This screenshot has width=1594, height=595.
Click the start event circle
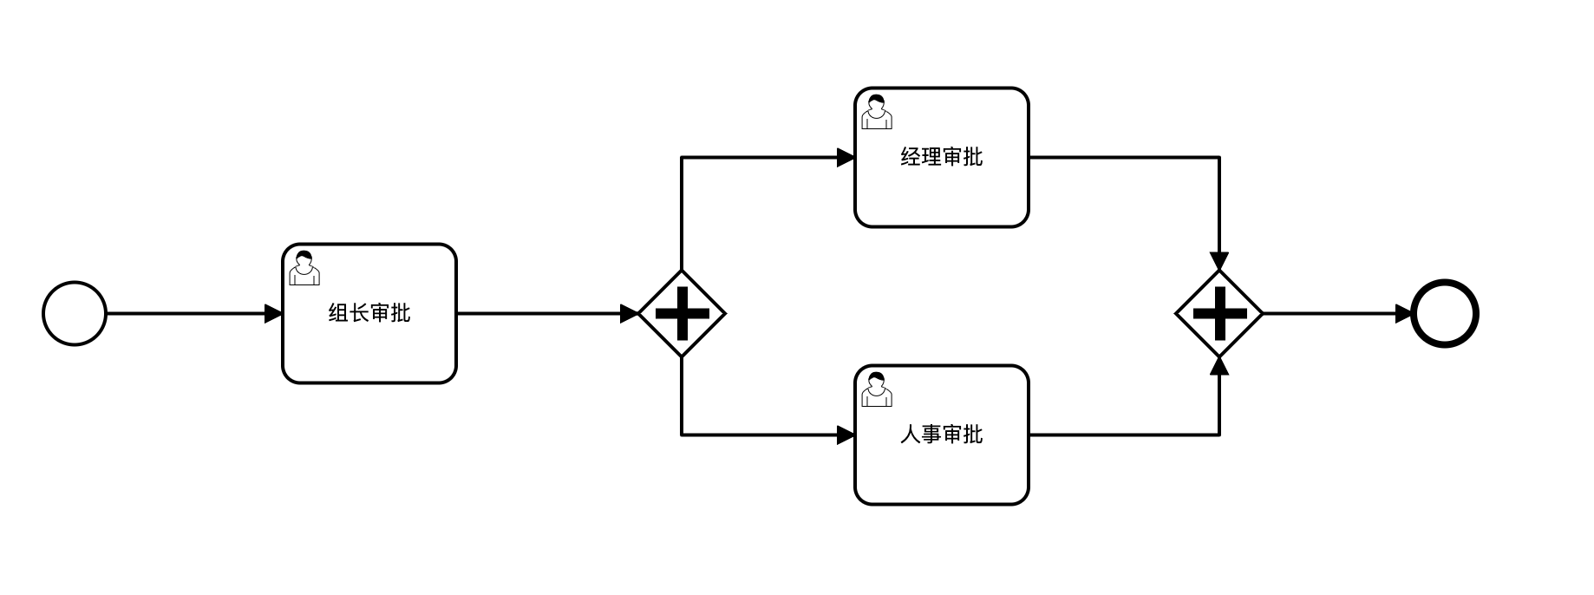pyautogui.click(x=75, y=313)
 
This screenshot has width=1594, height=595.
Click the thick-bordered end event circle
pyautogui.click(x=1444, y=313)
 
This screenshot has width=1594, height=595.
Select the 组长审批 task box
pyautogui.click(x=369, y=347)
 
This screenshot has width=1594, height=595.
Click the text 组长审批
pyautogui.click(x=369, y=313)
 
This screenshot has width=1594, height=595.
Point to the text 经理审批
pyautogui.click(x=942, y=157)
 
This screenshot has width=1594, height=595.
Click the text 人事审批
pyautogui.click(x=942, y=434)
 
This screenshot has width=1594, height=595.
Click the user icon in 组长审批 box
pyautogui.click(x=304, y=268)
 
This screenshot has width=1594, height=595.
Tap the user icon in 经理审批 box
pyautogui.click(x=877, y=112)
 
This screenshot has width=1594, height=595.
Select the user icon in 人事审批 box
pyautogui.click(x=877, y=389)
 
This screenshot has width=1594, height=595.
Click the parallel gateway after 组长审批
pyautogui.click(x=682, y=313)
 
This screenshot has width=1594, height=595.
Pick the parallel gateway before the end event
pyautogui.click(x=1219, y=313)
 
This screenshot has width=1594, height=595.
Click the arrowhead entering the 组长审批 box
pyautogui.click(x=273, y=313)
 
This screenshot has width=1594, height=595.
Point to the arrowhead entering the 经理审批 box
pyautogui.click(x=846, y=157)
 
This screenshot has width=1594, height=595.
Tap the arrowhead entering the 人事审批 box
pyautogui.click(x=846, y=435)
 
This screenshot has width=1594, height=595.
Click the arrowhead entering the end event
pyautogui.click(x=1403, y=313)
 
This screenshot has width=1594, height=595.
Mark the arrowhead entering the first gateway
pyautogui.click(x=630, y=313)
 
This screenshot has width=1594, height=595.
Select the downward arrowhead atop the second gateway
pyautogui.click(x=1219, y=262)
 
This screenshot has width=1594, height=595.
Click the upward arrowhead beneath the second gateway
pyautogui.click(x=1219, y=365)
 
